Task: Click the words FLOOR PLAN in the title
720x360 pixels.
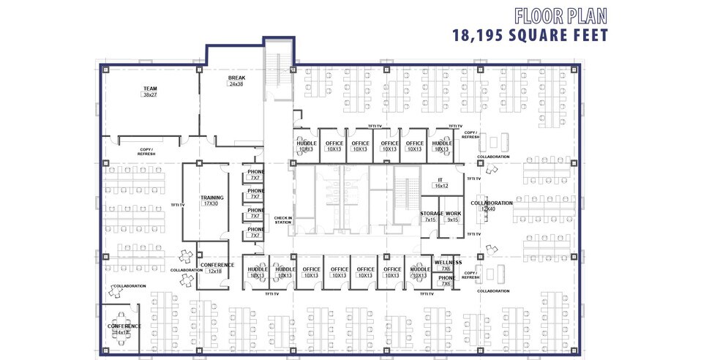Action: pos(561,15)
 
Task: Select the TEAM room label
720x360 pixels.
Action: pos(150,89)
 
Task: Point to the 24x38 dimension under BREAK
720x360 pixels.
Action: pos(236,84)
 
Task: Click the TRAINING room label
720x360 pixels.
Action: pos(212,198)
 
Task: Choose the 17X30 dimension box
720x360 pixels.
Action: pos(212,204)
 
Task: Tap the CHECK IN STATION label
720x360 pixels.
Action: pos(282,220)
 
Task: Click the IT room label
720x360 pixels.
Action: pos(440,179)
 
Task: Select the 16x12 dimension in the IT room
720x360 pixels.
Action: pos(440,186)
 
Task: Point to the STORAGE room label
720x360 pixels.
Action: pos(432,213)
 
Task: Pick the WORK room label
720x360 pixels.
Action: pos(453,213)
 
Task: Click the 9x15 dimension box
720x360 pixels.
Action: pos(453,220)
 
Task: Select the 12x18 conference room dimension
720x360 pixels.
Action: pos(214,271)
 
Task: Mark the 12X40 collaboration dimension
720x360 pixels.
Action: pos(489,209)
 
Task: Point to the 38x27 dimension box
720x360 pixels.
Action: pos(150,95)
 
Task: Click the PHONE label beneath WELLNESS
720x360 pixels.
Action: pos(446,277)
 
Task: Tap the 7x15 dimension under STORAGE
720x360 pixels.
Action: pos(430,220)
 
